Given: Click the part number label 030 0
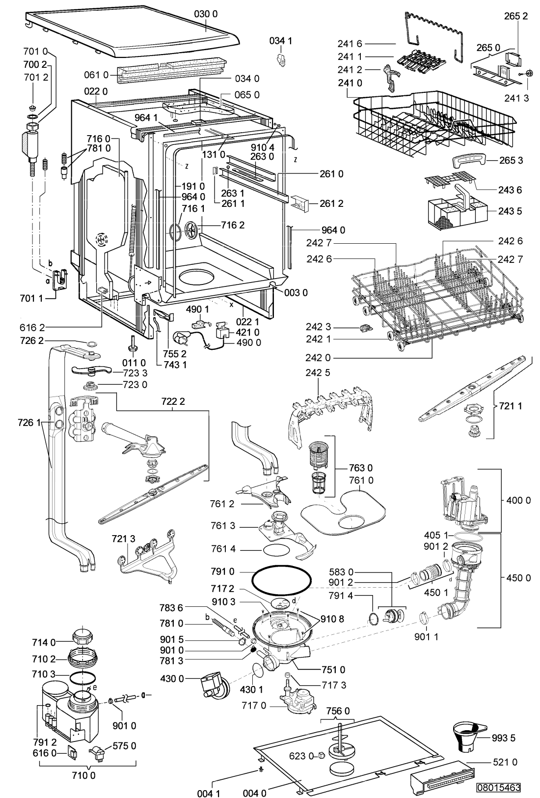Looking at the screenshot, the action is [x=206, y=14].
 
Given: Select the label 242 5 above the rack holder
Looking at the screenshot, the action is [x=318, y=372].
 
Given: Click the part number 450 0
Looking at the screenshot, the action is [x=518, y=577].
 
